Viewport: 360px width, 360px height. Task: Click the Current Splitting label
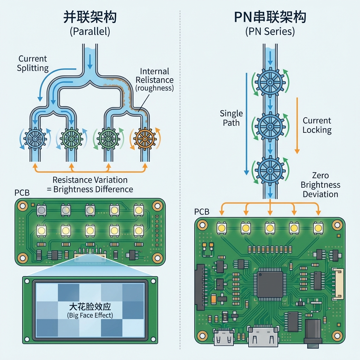pyautogui.click(x=33, y=63)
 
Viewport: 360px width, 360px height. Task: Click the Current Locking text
pyautogui.click(x=317, y=125)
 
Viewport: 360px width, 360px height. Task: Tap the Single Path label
pyautogui.click(x=231, y=118)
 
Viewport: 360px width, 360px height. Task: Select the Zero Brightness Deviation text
pyautogui.click(x=320, y=185)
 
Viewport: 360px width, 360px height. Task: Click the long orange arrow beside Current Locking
pyautogui.click(x=297, y=125)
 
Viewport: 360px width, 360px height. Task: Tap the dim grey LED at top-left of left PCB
pyautogui.click(x=41, y=210)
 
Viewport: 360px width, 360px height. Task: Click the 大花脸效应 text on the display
pyautogui.click(x=90, y=306)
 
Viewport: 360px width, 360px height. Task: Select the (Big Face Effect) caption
pyautogui.click(x=90, y=315)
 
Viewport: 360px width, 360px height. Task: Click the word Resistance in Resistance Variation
pyautogui.click(x=71, y=180)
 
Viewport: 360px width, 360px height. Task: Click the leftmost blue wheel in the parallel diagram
pyautogui.click(x=35, y=139)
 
